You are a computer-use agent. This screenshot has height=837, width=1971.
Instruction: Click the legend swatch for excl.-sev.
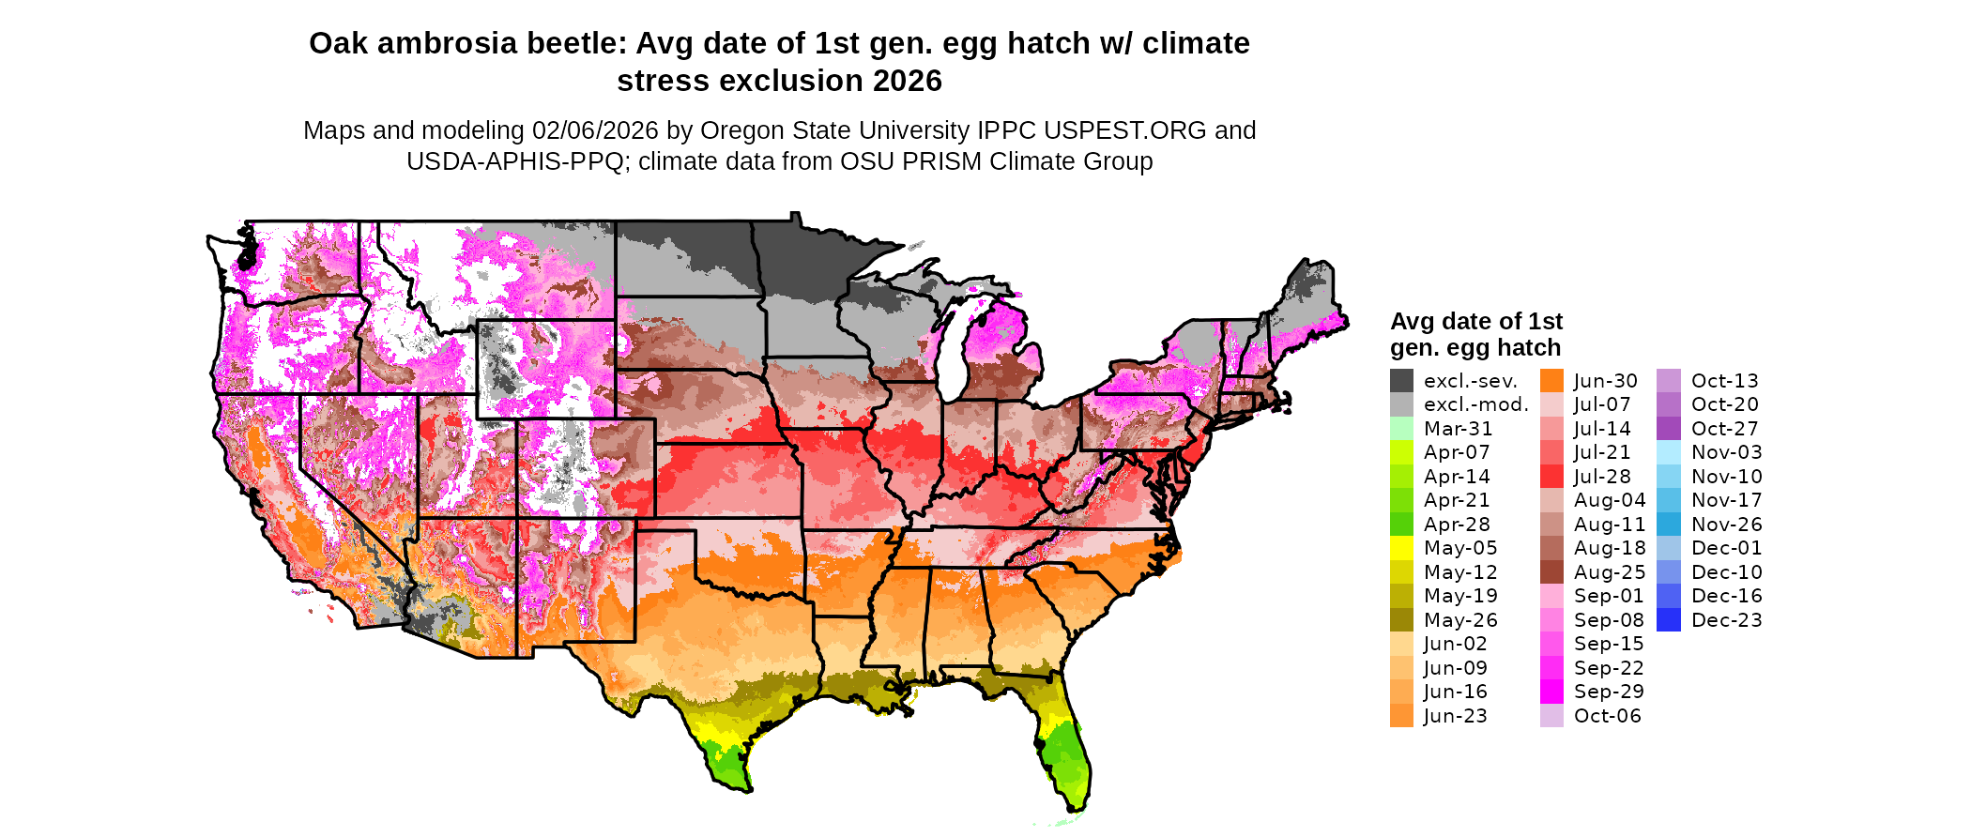(1401, 381)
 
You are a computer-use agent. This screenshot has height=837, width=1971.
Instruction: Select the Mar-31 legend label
(1458, 429)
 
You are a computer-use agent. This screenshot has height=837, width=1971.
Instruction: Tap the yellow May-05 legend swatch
(1401, 548)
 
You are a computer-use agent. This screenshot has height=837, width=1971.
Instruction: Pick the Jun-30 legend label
(1605, 381)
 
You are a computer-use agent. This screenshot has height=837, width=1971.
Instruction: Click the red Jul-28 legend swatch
(1551, 477)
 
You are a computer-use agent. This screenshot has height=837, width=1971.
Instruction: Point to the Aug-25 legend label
(1609, 572)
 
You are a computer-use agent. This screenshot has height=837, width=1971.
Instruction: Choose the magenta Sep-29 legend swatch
(1551, 692)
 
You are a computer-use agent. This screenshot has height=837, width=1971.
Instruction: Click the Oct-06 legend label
(1607, 716)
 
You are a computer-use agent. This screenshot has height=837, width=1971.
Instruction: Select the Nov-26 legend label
(1726, 525)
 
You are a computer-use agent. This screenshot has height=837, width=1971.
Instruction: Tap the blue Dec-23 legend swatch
(1669, 620)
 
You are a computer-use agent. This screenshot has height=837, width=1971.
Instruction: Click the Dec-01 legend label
(1726, 548)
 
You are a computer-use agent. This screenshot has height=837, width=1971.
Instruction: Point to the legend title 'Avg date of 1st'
(1475, 322)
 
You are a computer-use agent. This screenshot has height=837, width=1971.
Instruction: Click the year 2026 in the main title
(907, 82)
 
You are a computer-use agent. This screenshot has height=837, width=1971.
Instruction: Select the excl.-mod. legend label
(1475, 405)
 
